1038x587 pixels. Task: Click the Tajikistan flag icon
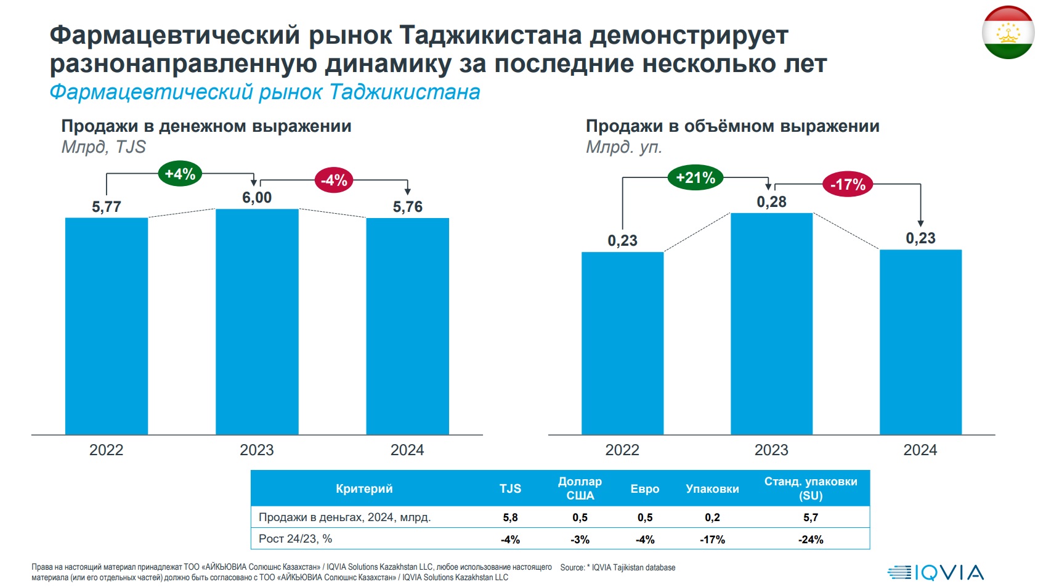(1008, 33)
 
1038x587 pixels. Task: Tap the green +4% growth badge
(180, 174)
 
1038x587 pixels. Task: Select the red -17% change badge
(848, 184)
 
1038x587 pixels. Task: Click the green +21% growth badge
(695, 177)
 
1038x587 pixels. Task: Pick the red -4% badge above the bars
(334, 180)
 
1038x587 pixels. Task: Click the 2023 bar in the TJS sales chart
(257, 322)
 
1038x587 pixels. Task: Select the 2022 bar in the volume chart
(622, 343)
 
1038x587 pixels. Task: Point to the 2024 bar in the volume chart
(921, 342)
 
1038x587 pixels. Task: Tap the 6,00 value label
(257, 198)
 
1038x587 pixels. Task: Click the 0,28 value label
(771, 202)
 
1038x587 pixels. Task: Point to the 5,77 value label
(107, 206)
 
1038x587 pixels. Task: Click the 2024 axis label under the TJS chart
(407, 450)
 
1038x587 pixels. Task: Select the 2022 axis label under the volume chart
(622, 450)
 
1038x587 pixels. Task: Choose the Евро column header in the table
(644, 489)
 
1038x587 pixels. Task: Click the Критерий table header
(364, 488)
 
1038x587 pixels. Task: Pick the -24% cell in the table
(811, 540)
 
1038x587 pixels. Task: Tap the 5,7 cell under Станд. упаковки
(811, 517)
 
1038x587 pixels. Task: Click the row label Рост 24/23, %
(295, 539)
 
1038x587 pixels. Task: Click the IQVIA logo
(936, 573)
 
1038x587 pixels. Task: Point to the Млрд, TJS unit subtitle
(103, 147)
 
